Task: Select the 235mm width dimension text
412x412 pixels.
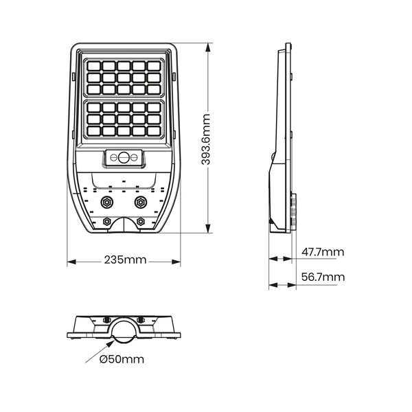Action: pyautogui.click(x=124, y=260)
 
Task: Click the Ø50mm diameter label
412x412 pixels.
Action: pyautogui.click(x=122, y=359)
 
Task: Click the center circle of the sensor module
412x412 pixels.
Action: pyautogui.click(x=124, y=157)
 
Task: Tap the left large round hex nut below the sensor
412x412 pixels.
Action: pyautogui.click(x=107, y=203)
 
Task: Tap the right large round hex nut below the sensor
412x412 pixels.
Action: pyautogui.click(x=141, y=203)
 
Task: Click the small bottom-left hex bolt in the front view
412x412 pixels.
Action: pyautogui.click(x=107, y=221)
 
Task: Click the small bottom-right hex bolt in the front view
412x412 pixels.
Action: pyautogui.click(x=141, y=221)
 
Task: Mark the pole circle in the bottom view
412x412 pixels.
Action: pyautogui.click(x=124, y=333)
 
